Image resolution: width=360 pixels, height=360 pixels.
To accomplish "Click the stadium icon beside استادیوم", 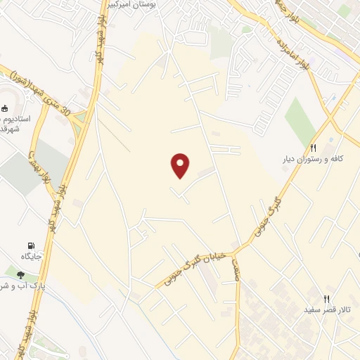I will (x=5, y=108).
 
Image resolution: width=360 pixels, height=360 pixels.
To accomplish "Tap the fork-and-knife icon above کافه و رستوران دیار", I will (x=314, y=148).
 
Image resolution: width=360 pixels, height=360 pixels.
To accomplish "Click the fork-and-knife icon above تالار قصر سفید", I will (x=326, y=299).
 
